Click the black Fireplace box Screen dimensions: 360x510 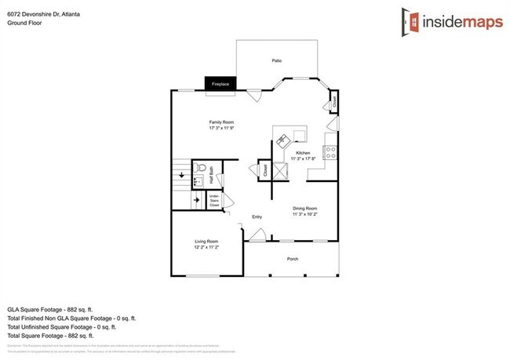220,83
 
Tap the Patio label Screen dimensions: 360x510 276,60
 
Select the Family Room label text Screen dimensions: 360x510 221,122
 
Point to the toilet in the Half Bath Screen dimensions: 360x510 201,169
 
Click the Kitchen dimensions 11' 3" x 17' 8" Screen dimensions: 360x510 303,158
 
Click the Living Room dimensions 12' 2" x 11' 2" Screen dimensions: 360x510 206,247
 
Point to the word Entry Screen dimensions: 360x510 257,217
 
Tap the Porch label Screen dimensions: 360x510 293,258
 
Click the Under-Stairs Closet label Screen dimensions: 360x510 213,201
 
